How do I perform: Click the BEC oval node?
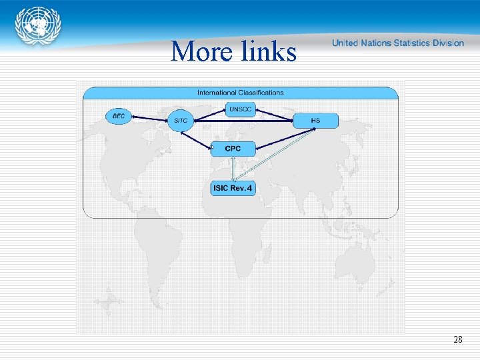tap(119, 116)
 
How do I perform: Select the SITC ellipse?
tap(180, 121)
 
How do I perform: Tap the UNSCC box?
tap(240, 109)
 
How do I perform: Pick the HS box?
tap(315, 121)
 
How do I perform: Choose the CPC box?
tap(233, 149)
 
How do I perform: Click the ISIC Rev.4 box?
tap(233, 188)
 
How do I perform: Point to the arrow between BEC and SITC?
tap(149, 119)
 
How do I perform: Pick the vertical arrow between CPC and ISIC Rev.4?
tap(233, 168)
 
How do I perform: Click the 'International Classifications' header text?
tap(240, 93)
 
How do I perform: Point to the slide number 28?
tap(457, 340)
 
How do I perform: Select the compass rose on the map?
tap(108, 302)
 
